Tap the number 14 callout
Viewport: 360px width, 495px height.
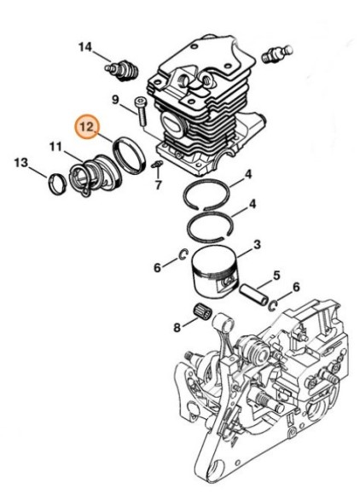[x=85, y=47]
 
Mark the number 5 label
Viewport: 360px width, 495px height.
[x=275, y=275]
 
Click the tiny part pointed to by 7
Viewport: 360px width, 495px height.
[x=160, y=165]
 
